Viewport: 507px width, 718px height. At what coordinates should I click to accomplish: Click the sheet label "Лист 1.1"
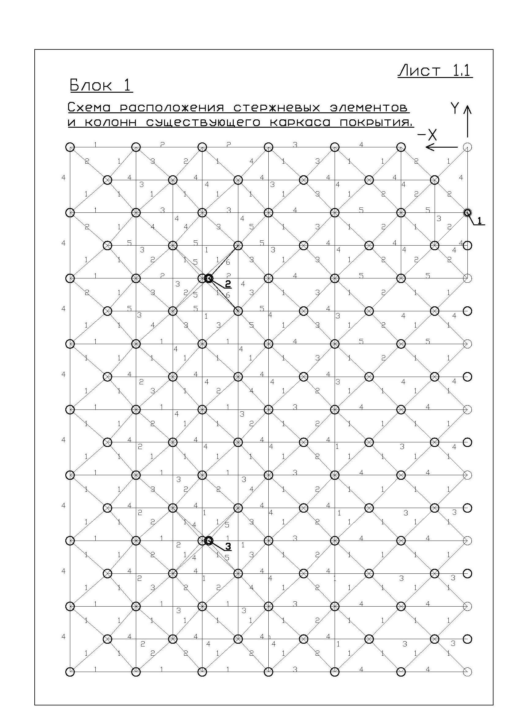pyautogui.click(x=435, y=71)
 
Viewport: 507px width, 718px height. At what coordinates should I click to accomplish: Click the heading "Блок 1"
pyautogui.click(x=101, y=85)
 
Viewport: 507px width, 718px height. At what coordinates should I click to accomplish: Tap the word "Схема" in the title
pyautogui.click(x=89, y=108)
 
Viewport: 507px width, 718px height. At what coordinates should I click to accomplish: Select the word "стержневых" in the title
pyautogui.click(x=276, y=108)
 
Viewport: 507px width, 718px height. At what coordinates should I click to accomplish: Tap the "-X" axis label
pyautogui.click(x=427, y=135)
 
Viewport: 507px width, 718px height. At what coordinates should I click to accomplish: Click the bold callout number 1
pyautogui.click(x=480, y=221)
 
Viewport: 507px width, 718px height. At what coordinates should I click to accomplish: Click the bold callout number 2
pyautogui.click(x=228, y=284)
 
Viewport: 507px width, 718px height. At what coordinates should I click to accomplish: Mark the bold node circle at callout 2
pyautogui.click(x=209, y=278)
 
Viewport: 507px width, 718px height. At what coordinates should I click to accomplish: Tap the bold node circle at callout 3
pyautogui.click(x=209, y=540)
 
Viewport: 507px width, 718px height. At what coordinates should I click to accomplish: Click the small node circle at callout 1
pyautogui.click(x=467, y=213)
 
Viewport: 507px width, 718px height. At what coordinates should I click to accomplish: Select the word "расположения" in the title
pyautogui.click(x=172, y=108)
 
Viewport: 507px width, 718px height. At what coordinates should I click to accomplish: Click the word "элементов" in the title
pyautogui.click(x=369, y=108)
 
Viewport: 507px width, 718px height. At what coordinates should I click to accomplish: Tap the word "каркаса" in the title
pyautogui.click(x=300, y=122)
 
